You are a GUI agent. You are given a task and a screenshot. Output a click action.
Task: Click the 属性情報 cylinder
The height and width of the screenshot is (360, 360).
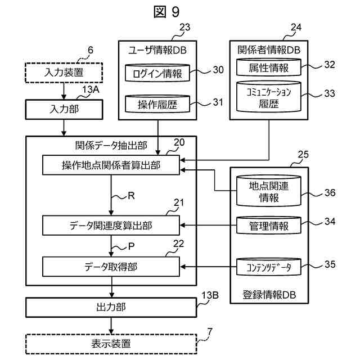(268, 68)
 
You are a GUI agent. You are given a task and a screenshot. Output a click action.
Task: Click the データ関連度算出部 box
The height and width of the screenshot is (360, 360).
(111, 226)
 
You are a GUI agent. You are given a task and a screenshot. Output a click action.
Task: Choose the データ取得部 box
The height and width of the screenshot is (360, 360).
(111, 267)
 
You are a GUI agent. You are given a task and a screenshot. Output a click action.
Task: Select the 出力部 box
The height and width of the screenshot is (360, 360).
(111, 307)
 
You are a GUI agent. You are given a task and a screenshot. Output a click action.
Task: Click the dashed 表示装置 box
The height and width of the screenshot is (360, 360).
(111, 343)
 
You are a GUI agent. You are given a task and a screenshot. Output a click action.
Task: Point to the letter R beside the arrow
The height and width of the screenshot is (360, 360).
(132, 197)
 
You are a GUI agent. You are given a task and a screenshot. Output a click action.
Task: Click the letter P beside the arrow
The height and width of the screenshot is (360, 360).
(132, 245)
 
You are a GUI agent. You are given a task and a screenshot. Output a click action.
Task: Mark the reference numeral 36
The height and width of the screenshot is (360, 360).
(329, 193)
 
